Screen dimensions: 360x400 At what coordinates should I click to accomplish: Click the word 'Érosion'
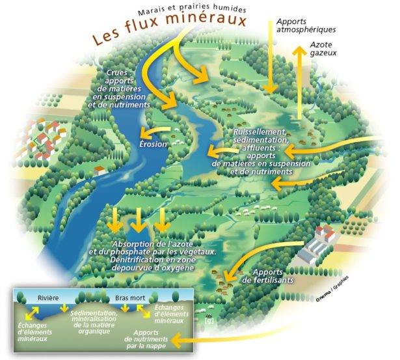pos(154,143)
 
